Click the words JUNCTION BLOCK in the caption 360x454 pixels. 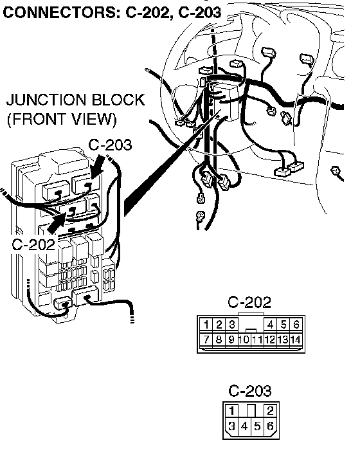coord(75,100)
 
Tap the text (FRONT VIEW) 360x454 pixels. coord(62,119)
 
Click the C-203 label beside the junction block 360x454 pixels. coord(110,145)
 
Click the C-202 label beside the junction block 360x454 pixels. coord(33,244)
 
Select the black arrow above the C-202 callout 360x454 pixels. coord(57,223)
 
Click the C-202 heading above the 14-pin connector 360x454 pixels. coord(249,302)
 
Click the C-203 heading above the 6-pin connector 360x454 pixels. coord(250,390)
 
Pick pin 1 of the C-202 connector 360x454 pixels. coord(206,325)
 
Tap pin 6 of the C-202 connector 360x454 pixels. coord(296,325)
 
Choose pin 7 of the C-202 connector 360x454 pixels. coord(206,340)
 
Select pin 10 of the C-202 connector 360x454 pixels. coord(244,340)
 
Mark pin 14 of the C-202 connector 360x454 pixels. coord(296,340)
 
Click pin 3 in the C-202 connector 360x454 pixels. coord(231,325)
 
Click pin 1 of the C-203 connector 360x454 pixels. coord(231,410)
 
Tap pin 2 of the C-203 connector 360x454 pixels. coord(270,410)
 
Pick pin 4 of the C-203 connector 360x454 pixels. coord(244,426)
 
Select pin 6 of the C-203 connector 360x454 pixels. coord(270,426)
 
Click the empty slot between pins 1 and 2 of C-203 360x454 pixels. coord(251,410)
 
